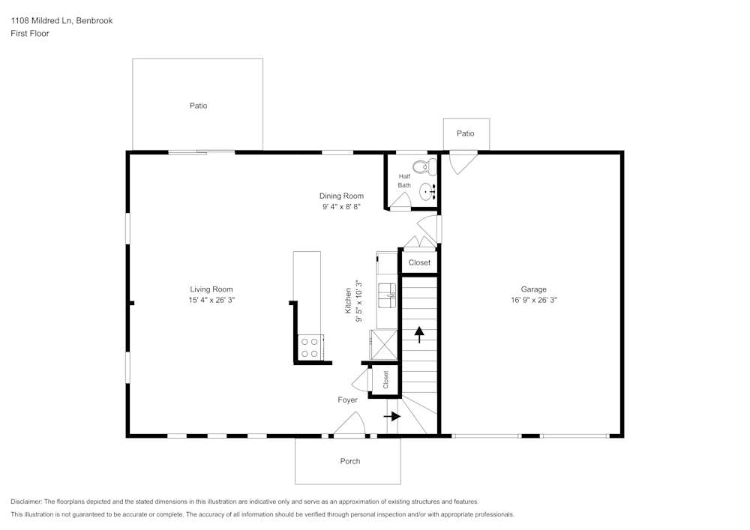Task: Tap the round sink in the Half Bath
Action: (427, 192)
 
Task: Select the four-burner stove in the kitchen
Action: (310, 347)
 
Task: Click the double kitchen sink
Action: (387, 295)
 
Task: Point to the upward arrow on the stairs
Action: (419, 334)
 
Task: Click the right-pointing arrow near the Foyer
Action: (392, 416)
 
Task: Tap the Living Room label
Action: (211, 289)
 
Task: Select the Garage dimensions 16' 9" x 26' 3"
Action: (534, 300)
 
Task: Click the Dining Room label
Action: (341, 196)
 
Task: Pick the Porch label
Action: (350, 461)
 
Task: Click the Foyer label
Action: (347, 400)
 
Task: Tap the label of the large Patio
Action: (199, 106)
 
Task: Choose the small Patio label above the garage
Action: (466, 133)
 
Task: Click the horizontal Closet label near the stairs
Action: (419, 262)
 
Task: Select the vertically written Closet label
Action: (385, 380)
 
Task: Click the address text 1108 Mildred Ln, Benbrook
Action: (61, 20)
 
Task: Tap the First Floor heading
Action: (30, 34)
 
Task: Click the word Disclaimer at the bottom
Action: (26, 502)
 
